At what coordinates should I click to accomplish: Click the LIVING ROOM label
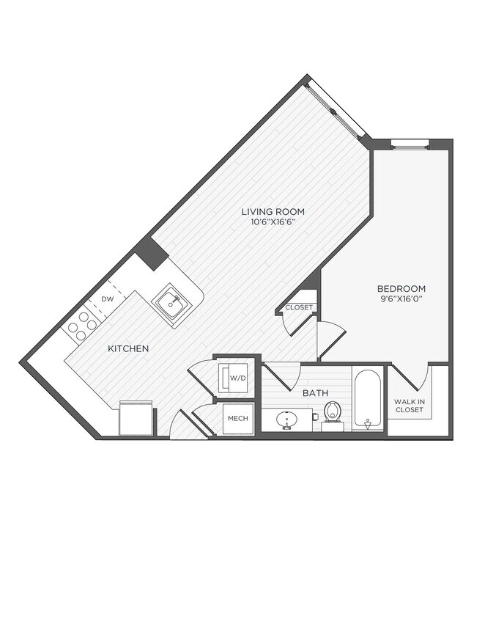pos(273,212)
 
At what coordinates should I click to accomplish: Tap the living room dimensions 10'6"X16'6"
pos(273,222)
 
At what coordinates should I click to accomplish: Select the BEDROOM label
pos(401,289)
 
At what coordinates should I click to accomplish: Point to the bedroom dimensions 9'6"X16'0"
pos(401,299)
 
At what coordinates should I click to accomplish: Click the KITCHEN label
pos(128,348)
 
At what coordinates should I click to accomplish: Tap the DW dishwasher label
pos(107,299)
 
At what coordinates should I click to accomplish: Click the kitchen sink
pos(172,303)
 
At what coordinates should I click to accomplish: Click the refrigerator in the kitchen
pos(136,418)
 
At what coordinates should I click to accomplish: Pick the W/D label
pos(237,378)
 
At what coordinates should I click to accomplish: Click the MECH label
pos(237,418)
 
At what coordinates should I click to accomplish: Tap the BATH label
pos(315,393)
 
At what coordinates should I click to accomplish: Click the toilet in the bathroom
pos(333,413)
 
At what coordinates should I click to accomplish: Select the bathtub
pos(367,400)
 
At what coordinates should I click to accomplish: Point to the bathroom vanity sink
pos(286,419)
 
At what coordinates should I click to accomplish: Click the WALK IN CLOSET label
pos(409,406)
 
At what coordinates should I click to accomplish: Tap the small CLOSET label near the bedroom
pos(298,307)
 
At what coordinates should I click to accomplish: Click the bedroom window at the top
pos(410,144)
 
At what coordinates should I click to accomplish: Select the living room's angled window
pos(336,111)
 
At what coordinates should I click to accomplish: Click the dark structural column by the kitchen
pos(152,252)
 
